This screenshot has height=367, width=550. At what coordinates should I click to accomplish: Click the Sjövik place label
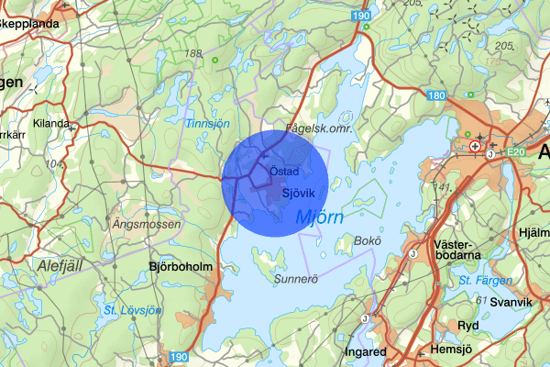299,193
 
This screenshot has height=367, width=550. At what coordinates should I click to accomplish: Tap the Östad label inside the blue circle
285,172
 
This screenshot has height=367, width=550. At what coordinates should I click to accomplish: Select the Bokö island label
366,241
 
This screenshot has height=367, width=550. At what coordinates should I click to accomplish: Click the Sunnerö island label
294,278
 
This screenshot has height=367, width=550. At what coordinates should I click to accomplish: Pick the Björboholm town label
181,267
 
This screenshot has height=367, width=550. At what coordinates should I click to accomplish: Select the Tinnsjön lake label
207,123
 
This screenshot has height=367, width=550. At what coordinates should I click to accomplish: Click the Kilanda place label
50,123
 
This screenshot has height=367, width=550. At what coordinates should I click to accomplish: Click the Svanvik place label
510,302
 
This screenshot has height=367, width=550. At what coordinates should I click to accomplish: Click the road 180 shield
436,95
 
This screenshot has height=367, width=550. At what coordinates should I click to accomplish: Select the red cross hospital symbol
474,145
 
